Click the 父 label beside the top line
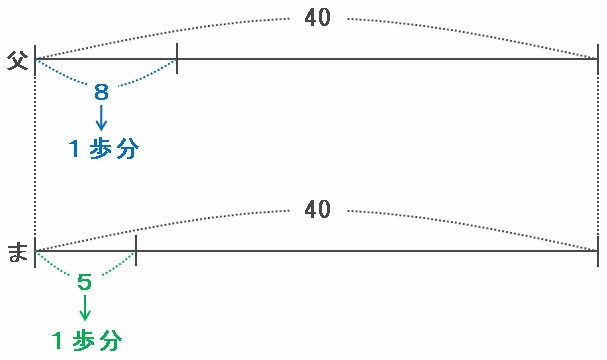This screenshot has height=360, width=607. [17, 60]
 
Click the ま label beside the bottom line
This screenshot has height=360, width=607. [18, 252]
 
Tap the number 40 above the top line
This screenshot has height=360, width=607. [317, 17]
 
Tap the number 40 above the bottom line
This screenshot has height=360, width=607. [317, 209]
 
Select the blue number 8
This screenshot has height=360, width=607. [101, 92]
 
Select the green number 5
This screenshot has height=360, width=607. [84, 282]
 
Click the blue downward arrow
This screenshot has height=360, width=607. [101, 118]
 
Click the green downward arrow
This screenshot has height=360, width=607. [85, 308]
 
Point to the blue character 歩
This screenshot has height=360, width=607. [100, 149]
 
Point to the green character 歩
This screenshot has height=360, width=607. [84, 341]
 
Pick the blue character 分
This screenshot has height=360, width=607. [127, 149]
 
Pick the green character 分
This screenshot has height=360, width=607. [110, 341]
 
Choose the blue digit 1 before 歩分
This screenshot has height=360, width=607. [74, 149]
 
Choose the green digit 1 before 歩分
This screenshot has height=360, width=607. [57, 341]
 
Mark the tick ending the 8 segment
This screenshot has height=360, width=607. [177, 58]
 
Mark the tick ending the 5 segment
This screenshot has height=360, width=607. [136, 250]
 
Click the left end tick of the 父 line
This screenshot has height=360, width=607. [35, 60]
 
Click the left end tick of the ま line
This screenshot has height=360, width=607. [35, 252]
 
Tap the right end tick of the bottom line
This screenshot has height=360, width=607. [598, 252]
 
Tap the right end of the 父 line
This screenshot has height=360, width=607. [598, 59]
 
